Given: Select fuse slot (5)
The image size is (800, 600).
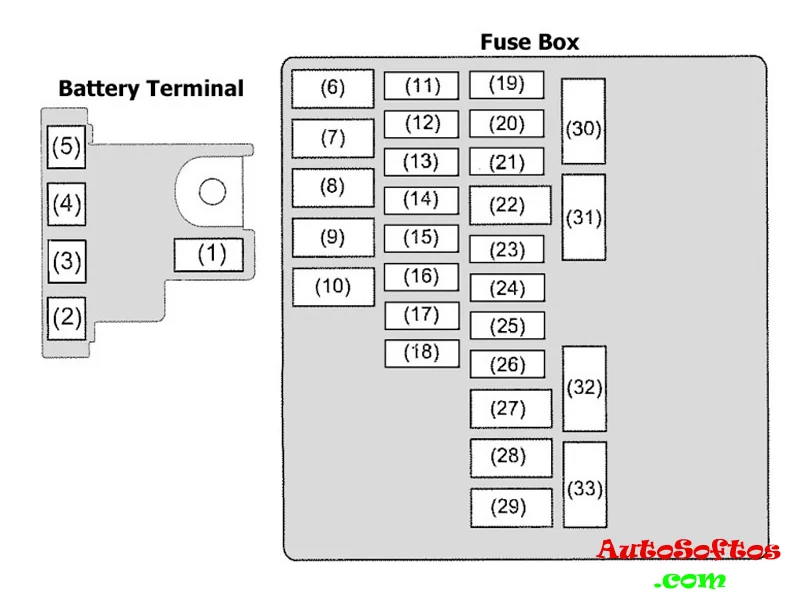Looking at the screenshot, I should click(67, 148).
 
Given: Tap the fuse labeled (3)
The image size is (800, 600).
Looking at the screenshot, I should click(67, 263).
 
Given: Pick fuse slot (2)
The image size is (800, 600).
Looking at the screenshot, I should click(67, 318).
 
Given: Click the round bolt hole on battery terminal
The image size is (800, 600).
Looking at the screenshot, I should click(212, 191).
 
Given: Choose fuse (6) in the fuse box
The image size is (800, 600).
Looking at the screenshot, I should click(332, 88).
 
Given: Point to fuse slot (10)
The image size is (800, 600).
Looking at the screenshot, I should click(333, 287).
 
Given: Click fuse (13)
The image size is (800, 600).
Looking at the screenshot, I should click(421, 161).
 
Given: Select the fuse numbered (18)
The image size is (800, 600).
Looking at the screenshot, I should click(421, 353).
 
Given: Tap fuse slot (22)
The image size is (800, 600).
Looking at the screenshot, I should click(510, 205).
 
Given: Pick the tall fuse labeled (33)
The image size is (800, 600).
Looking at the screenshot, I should click(583, 488).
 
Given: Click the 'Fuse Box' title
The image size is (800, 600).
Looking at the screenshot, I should click(529, 42).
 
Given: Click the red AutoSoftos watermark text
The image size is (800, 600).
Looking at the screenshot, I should click(689, 550).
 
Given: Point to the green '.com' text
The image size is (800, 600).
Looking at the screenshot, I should click(690, 579).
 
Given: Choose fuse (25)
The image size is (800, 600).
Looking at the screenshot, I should click(507, 326).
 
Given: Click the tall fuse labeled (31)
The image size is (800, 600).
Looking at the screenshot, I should click(584, 217).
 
